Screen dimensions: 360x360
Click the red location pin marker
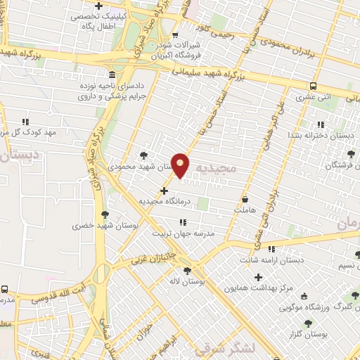tap(181, 165)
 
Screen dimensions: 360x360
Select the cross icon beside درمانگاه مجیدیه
tap(164, 190)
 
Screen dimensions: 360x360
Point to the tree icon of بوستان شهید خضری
tap(105, 214)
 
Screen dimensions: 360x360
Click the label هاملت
tap(245, 210)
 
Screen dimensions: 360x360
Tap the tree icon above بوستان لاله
tap(187, 271)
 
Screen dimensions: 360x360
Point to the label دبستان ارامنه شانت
tap(281, 259)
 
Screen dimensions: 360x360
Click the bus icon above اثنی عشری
tap(312, 86)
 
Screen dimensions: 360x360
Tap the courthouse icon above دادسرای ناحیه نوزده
tap(112, 75)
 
